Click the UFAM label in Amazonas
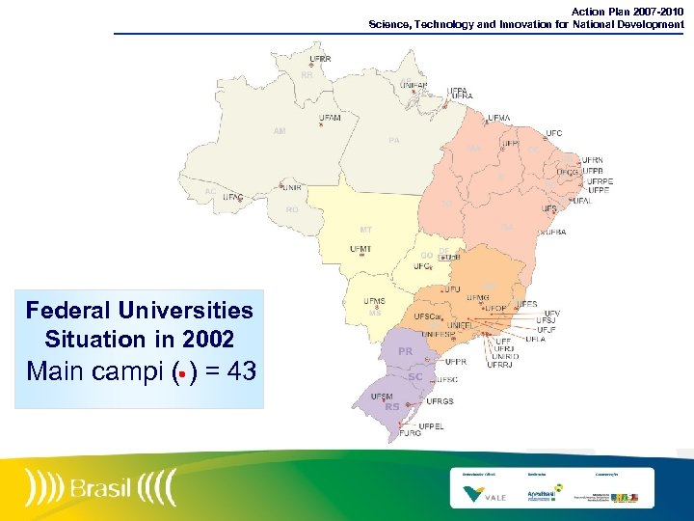[331, 118]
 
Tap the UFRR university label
[321, 59]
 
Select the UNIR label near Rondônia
[292, 188]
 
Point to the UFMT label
[360, 250]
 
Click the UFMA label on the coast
[499, 118]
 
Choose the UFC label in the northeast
[554, 133]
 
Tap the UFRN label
[592, 161]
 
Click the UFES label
[527, 304]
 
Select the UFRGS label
[440, 401]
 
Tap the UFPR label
[455, 362]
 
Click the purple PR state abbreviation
[406, 352]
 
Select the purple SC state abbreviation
[415, 377]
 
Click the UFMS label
[374, 301]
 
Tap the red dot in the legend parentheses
[181, 372]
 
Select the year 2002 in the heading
[206, 340]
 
